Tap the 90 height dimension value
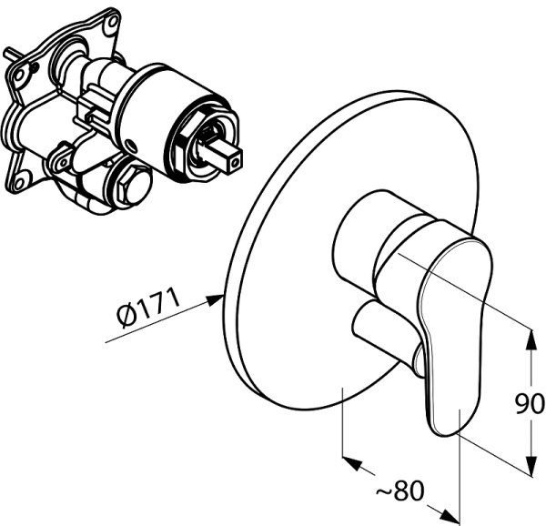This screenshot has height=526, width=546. (530, 403)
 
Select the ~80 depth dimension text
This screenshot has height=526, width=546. (400, 490)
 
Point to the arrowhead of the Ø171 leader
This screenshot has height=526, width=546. (215, 299)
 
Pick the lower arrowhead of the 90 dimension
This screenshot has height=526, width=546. (531, 466)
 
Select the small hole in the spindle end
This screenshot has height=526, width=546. (237, 162)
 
